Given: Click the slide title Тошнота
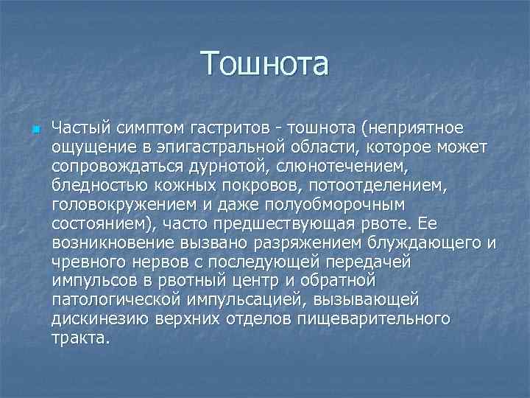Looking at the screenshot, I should pyautogui.click(x=265, y=64).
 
